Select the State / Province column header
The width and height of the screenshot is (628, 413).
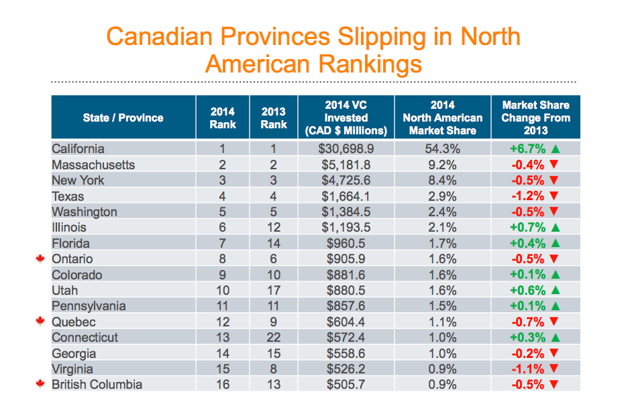point(123,118)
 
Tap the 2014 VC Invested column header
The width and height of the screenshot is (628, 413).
point(346,118)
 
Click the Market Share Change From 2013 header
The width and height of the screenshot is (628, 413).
point(535,118)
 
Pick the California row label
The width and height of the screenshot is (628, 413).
point(78,149)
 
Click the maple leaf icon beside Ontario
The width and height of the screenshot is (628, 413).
point(40,259)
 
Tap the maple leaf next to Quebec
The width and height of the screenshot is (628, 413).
point(40,322)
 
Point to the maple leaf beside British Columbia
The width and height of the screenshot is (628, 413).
point(40,385)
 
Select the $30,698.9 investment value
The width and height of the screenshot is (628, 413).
point(346,149)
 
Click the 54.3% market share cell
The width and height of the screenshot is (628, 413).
point(442,149)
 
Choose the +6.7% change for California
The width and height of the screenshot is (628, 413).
point(527,149)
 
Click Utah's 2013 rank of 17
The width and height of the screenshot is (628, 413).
point(274,291)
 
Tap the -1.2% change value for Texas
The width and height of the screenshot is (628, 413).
point(527,196)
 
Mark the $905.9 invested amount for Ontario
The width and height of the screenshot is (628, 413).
point(346,259)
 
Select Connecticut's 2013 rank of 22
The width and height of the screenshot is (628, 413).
point(274,338)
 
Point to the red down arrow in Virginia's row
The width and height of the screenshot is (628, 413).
point(554,369)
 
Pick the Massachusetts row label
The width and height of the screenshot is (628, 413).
point(93,165)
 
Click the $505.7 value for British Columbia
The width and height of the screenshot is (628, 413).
point(346,385)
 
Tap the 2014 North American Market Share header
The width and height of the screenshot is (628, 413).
point(442,118)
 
